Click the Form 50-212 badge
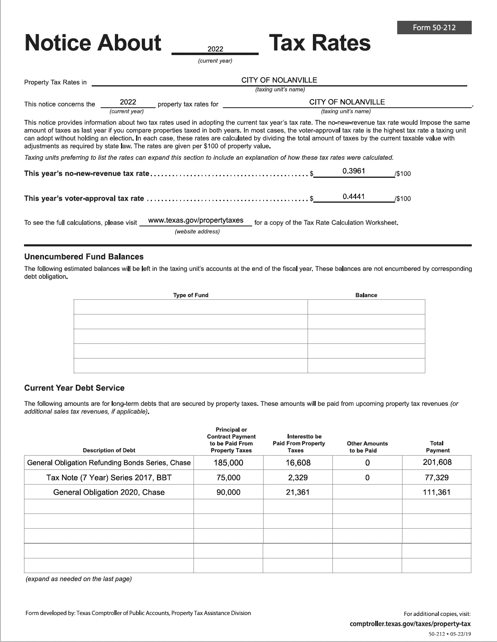(434, 28)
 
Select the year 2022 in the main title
(215, 49)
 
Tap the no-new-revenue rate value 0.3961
(354, 171)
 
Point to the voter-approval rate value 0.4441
(354, 197)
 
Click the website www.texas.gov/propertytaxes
(196, 220)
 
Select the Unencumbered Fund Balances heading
(84, 257)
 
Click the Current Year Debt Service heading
(75, 388)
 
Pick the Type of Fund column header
(191, 295)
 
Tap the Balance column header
(366, 295)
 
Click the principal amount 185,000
(229, 463)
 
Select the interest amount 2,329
(298, 478)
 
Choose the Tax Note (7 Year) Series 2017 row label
(109, 478)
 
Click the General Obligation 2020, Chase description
(109, 492)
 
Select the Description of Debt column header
(109, 451)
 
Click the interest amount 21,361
(298, 492)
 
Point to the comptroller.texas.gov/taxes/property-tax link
(410, 624)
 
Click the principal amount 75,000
(229, 478)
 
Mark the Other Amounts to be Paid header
(367, 447)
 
